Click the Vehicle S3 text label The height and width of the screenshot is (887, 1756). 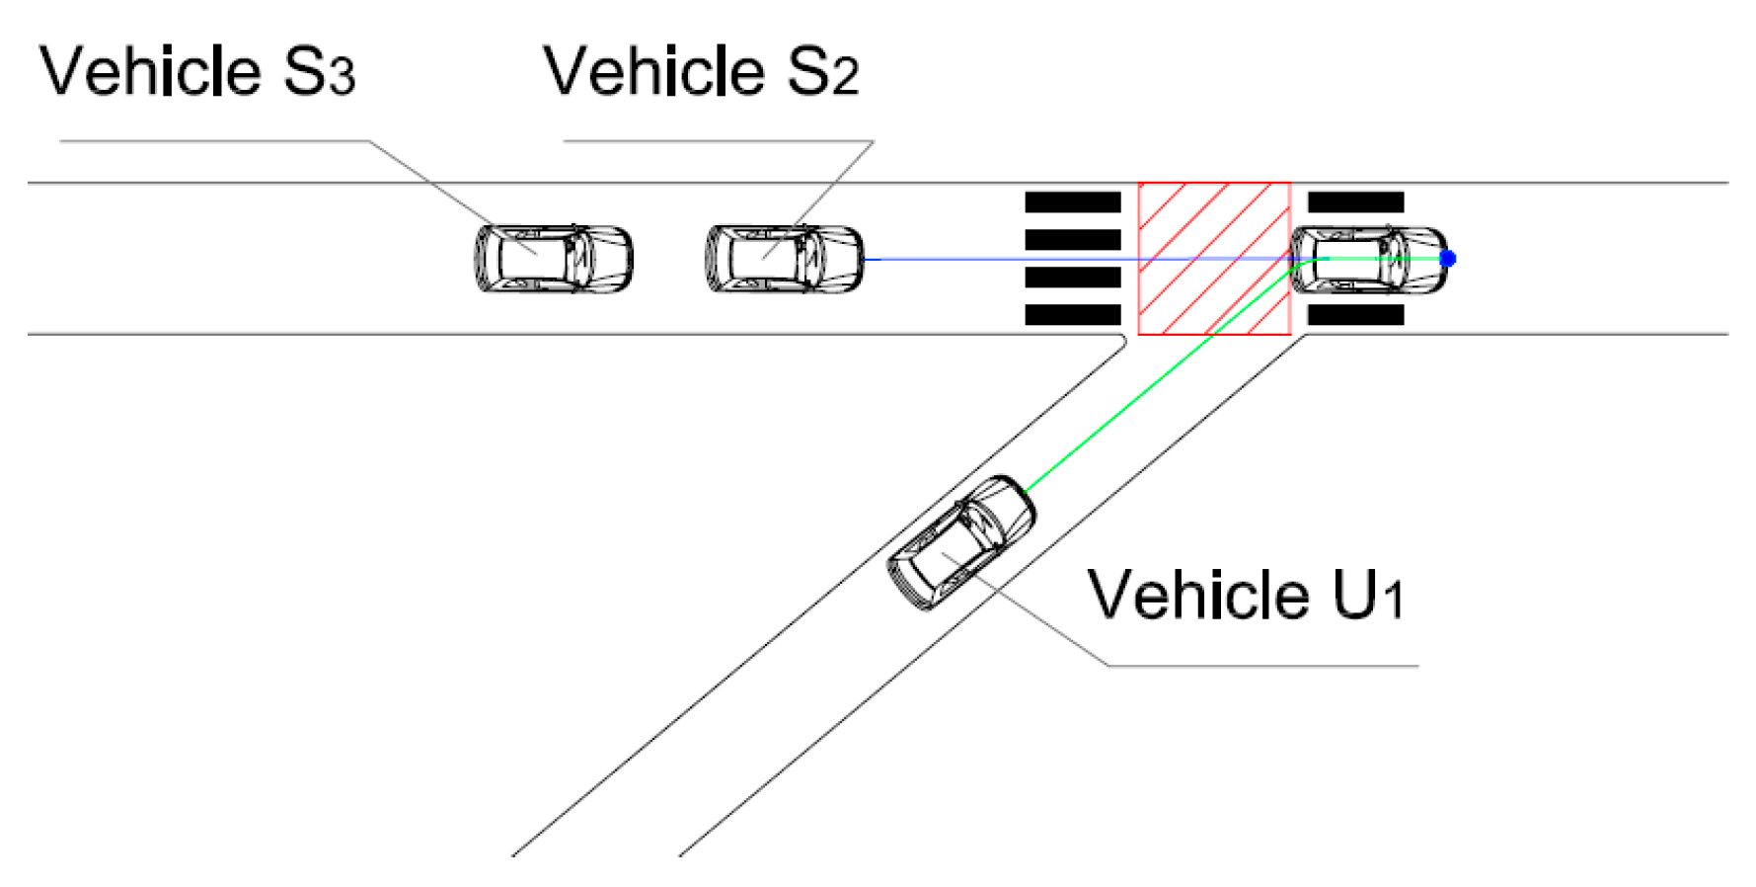[x=196, y=72]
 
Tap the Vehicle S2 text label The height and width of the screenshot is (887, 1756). [x=701, y=72]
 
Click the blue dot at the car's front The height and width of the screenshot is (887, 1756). [x=1448, y=259]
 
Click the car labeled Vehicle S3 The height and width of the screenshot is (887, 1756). [x=554, y=259]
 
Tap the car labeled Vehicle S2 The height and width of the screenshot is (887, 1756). [x=785, y=259]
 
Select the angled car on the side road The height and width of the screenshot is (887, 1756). [x=961, y=541]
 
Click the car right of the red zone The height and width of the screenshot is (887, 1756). [x=1369, y=259]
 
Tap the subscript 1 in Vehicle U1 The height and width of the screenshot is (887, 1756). [x=1392, y=601]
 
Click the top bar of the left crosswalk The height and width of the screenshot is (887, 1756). [x=1073, y=202]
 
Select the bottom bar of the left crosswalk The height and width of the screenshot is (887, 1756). [x=1073, y=315]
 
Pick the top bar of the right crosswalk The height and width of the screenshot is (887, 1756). [x=1355, y=202]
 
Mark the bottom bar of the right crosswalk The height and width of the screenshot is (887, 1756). [x=1355, y=315]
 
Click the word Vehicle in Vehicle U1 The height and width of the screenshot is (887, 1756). [x=1198, y=596]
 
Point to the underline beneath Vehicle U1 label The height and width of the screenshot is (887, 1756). [x=1263, y=666]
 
